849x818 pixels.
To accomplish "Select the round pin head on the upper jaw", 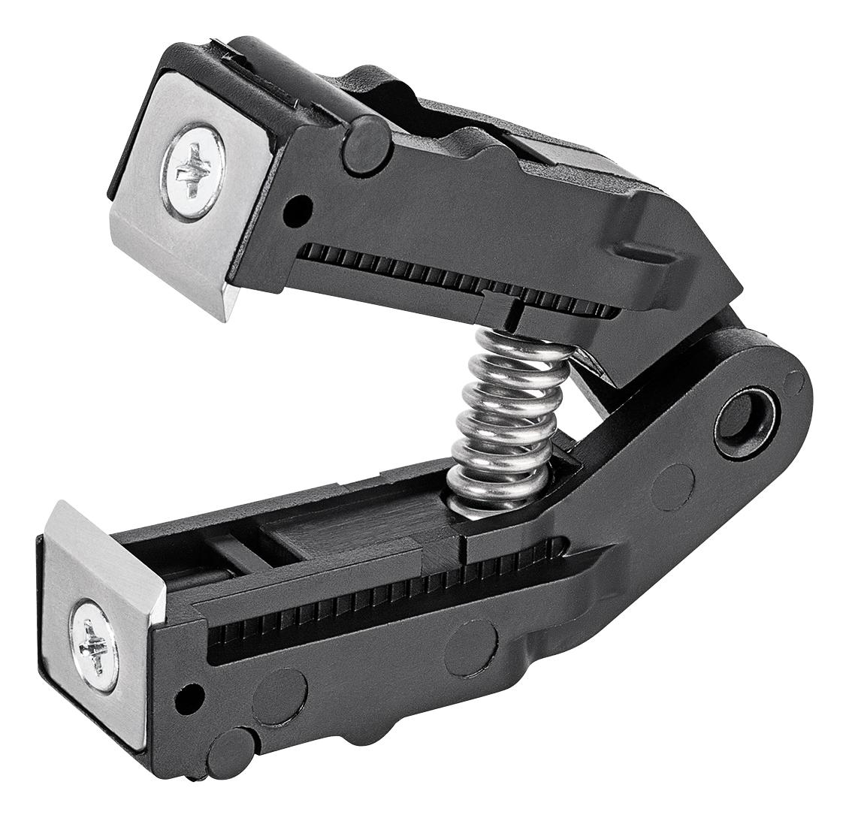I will point(366,143).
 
